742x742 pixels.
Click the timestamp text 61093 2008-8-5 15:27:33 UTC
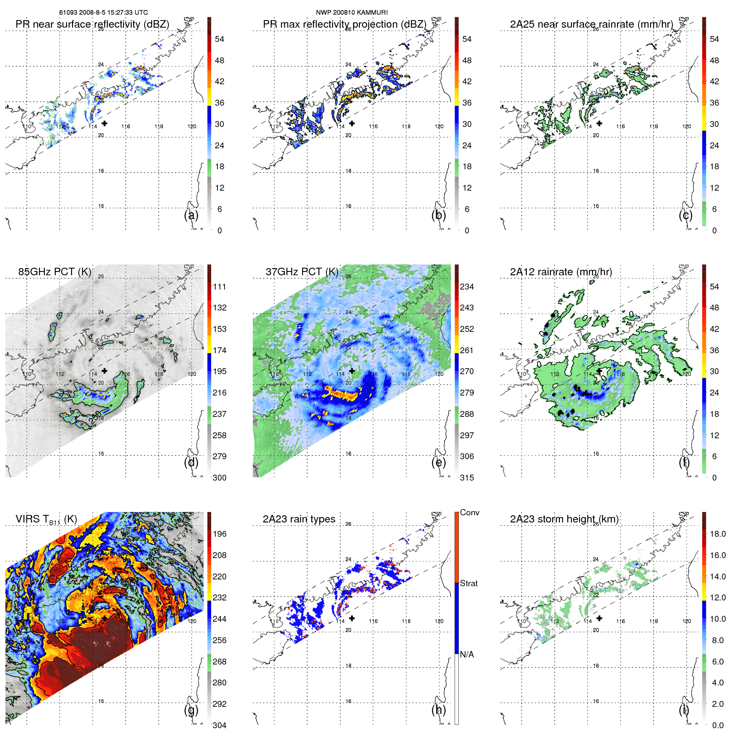103,13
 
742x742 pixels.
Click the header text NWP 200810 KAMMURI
352,13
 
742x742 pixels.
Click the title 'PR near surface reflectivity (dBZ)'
92,24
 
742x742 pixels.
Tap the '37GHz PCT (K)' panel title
302,272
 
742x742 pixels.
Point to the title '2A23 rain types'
299,519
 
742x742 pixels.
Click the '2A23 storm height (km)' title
564,519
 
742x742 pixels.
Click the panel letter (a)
191,215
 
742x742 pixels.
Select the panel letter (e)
438,463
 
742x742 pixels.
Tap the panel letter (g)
191,710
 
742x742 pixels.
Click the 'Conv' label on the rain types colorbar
470,513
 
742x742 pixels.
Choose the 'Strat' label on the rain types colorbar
469,584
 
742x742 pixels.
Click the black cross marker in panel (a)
104,123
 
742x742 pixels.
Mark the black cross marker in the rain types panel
352,618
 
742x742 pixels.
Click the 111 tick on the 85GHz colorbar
220,287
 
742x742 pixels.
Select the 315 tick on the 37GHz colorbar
467,478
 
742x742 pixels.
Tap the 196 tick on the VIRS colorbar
220,534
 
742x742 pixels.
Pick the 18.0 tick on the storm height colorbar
718,534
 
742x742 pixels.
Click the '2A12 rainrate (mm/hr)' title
561,272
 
